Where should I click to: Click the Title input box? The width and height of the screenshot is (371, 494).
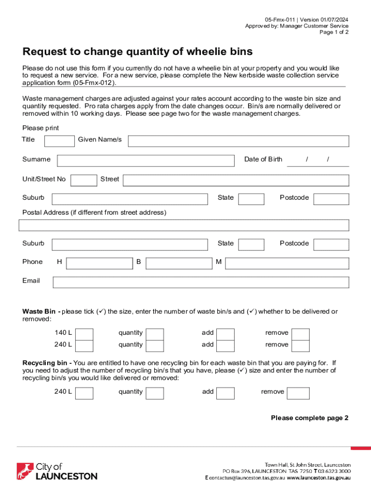59,141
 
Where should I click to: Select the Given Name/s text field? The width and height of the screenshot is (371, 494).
238,141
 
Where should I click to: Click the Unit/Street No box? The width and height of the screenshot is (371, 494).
83,180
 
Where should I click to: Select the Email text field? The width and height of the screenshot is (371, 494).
200,282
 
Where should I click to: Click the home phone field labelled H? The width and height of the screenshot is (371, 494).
99,263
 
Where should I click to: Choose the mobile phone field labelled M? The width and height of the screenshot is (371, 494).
287,263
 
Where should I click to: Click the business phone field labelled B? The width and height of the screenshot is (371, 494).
179,263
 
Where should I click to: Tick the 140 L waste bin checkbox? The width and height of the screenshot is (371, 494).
85,334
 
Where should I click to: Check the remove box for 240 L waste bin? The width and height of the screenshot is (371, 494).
301,345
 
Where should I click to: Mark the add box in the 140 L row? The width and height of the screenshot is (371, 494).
225,334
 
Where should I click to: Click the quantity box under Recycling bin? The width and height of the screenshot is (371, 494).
155,393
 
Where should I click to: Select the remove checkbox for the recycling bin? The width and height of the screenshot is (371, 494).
298,393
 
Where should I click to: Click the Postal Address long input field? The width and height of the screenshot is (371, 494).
184,225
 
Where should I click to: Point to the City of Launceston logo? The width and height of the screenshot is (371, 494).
57,471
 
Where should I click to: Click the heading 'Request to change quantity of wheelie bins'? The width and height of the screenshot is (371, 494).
137,52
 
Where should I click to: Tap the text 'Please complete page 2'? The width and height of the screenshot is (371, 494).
309,418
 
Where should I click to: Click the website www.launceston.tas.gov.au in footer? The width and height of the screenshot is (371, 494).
319,478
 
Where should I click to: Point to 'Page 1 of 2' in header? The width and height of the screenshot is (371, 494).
334,32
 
